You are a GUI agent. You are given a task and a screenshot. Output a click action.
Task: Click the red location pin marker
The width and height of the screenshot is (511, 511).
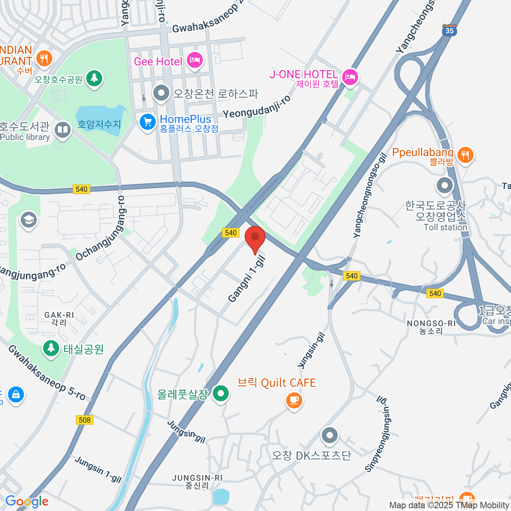(x=255, y=237)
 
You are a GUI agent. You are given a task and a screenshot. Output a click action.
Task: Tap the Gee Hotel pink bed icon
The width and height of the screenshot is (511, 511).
(x=195, y=60)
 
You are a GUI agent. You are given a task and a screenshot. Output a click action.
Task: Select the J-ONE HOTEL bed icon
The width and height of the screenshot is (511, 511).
(x=350, y=77)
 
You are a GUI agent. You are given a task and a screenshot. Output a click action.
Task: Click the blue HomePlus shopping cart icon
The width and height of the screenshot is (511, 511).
(x=148, y=122)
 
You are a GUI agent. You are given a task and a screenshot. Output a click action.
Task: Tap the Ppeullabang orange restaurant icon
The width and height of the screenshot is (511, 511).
(x=465, y=155)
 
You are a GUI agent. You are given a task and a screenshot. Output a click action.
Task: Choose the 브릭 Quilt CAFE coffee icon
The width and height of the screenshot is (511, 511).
(x=293, y=400)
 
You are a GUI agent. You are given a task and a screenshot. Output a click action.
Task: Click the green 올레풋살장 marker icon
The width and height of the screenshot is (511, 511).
(x=221, y=393)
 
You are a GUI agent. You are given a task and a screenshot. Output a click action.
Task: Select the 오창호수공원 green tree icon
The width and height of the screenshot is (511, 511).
(x=94, y=78)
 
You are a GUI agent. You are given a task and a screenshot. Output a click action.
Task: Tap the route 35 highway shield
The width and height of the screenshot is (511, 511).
(x=449, y=30)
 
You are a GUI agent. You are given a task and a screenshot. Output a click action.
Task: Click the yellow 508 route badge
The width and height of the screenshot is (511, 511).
(x=85, y=420)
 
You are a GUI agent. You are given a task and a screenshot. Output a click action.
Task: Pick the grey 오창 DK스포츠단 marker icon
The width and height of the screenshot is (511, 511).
(x=330, y=436)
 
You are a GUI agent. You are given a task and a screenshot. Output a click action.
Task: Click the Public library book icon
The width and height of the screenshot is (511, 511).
(x=63, y=130)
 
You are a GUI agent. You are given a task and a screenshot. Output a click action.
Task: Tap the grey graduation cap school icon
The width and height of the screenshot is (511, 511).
(x=29, y=220)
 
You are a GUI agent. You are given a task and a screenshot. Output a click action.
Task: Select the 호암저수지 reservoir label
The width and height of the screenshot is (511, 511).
(x=99, y=124)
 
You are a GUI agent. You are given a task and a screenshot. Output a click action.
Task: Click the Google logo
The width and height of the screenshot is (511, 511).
(x=27, y=501)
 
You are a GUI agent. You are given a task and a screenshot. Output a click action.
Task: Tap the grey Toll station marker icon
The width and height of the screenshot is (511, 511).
(x=445, y=185)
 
